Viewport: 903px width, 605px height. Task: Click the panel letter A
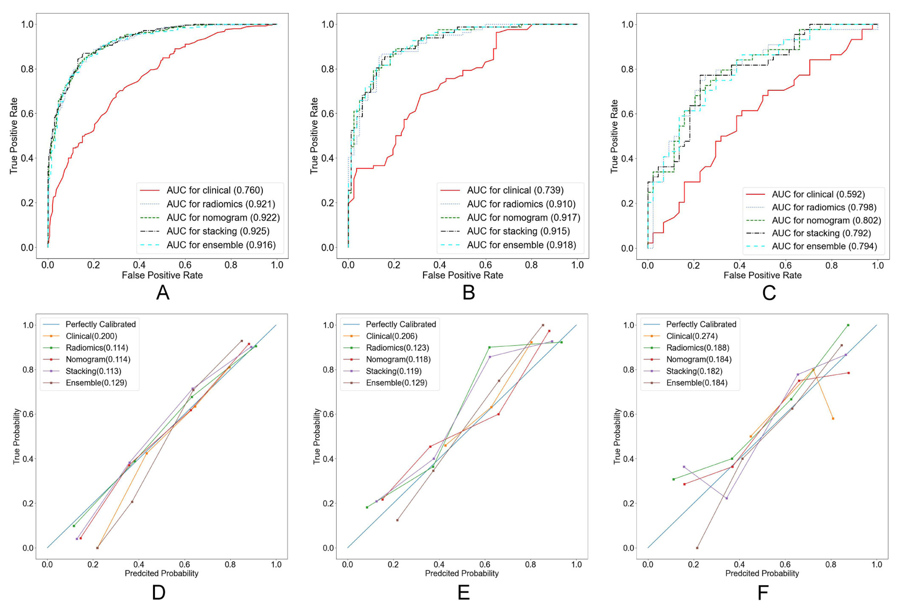click(x=163, y=293)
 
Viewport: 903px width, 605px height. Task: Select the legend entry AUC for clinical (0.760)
click(x=214, y=190)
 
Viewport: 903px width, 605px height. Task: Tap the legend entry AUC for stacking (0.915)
click(x=518, y=231)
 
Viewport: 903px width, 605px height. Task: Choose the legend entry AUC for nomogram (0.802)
click(x=826, y=220)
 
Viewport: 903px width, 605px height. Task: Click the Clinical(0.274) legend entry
click(x=691, y=336)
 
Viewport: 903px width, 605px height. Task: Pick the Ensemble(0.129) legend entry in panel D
click(x=96, y=383)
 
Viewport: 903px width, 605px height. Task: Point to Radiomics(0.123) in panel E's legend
click(x=397, y=348)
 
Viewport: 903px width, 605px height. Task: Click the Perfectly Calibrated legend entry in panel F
click(x=701, y=324)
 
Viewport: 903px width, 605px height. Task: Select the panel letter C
click(x=769, y=293)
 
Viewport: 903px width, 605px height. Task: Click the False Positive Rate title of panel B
click(x=463, y=276)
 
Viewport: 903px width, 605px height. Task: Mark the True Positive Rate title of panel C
click(x=614, y=136)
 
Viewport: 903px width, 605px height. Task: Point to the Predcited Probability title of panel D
click(x=161, y=574)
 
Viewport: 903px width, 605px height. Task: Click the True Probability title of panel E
click(x=316, y=436)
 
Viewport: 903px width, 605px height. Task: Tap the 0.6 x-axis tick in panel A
click(x=185, y=265)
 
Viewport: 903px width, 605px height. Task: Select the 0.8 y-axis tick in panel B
click(x=327, y=69)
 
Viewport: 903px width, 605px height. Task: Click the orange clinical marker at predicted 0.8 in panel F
click(x=833, y=419)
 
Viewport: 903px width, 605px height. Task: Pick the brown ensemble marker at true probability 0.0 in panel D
click(x=97, y=548)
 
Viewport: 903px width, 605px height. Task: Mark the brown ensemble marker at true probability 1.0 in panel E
click(x=543, y=325)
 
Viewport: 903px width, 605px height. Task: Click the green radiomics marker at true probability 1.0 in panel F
click(x=848, y=325)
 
